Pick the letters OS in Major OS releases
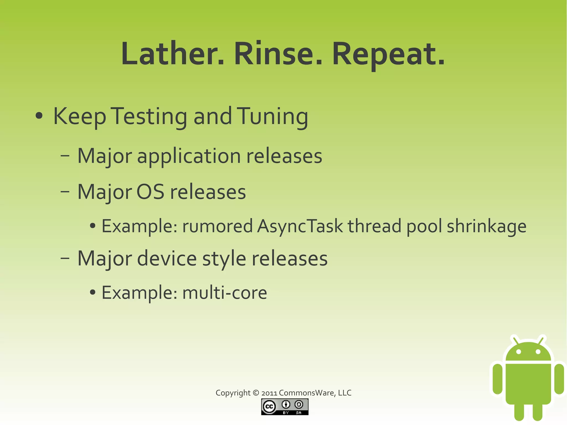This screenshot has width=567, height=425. coord(150,192)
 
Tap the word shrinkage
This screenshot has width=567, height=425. coord(486,226)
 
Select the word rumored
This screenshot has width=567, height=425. coord(217,226)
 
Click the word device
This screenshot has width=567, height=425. coord(167,258)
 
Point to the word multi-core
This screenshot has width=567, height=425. coord(225,293)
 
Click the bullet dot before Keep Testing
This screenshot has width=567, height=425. coord(39,116)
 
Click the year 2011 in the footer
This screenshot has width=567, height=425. coord(269,393)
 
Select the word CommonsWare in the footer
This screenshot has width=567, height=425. coord(307,393)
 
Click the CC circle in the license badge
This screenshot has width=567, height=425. coord(269,407)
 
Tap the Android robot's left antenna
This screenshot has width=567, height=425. coord(515,340)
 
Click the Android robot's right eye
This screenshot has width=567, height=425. coord(538,352)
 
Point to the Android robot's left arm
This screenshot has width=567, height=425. coord(498,379)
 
